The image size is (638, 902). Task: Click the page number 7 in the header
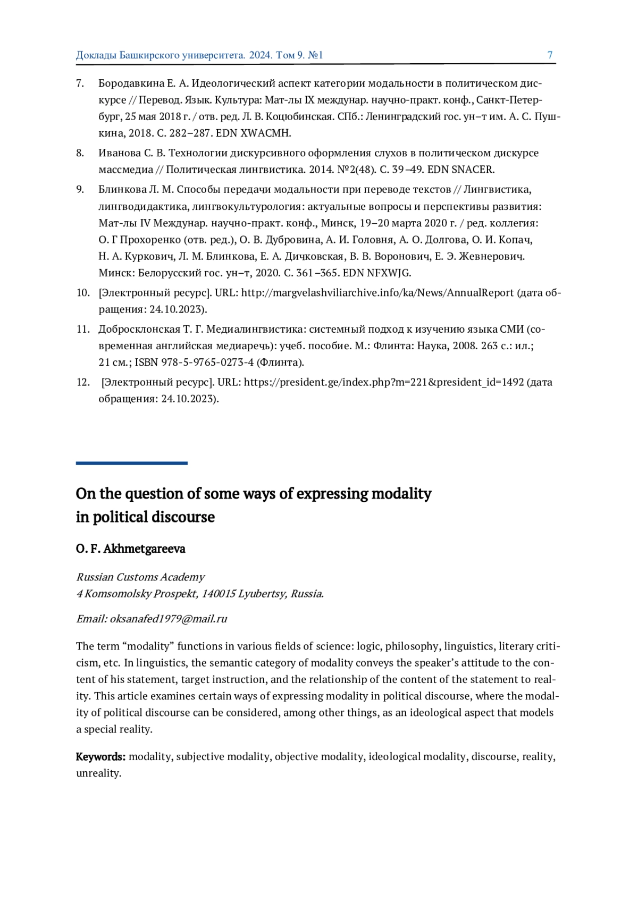[550, 55]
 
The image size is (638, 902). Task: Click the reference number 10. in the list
[83, 293]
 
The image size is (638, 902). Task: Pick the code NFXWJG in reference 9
[389, 273]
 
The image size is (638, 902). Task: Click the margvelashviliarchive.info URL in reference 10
[377, 293]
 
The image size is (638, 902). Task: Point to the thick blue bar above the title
[131, 463]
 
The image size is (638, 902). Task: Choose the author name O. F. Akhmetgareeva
[130, 549]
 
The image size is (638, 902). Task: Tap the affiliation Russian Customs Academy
[140, 577]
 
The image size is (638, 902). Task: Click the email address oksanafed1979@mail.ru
[169, 619]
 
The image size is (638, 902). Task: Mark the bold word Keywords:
[100, 757]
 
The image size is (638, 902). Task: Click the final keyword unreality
[98, 773]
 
